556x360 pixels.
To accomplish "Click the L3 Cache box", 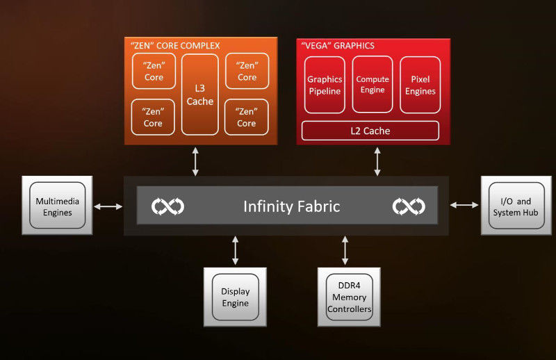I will tap(199, 94).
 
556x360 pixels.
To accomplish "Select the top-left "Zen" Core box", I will tap(153, 72).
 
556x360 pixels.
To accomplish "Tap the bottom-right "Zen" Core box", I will tap(247, 117).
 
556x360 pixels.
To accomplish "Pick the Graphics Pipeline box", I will tap(325, 85).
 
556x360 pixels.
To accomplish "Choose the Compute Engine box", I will tap(373, 84).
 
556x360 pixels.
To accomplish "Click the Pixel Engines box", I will tap(420, 85).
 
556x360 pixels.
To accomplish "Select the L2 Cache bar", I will tap(370, 131).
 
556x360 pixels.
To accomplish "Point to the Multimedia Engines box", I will tap(57, 206).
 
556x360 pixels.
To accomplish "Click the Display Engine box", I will tap(236, 297).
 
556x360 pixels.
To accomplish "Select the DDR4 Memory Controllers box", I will tap(349, 297).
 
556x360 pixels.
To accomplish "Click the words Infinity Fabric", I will tap(291, 206).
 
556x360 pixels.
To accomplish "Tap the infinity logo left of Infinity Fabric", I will tap(168, 206).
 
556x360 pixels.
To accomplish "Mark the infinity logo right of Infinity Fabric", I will tap(408, 206).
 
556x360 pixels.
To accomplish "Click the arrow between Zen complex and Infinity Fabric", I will tap(195, 161).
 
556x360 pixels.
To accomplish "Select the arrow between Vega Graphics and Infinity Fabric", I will tap(377, 161).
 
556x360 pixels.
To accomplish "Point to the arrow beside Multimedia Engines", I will tap(108, 206).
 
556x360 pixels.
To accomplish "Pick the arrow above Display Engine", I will tap(236, 251).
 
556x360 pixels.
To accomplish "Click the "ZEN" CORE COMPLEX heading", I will tap(175, 46).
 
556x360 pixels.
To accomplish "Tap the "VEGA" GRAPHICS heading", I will tap(338, 46).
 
